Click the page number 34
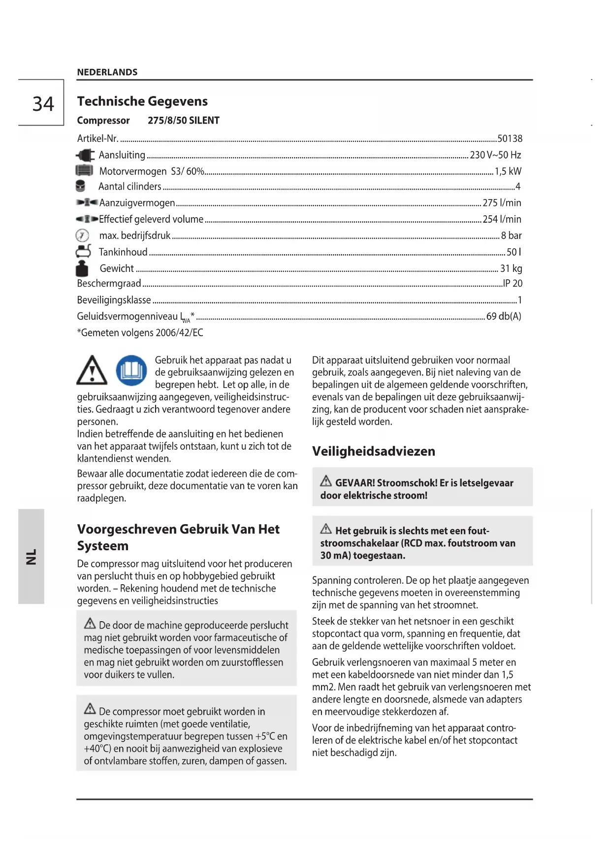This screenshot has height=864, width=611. (x=43, y=104)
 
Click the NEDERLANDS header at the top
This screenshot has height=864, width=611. (x=107, y=72)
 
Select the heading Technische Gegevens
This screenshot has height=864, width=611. (x=142, y=101)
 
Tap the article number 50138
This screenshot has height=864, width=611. (x=510, y=138)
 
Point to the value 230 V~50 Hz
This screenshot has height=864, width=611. (x=495, y=155)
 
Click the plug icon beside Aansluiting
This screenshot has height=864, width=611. (x=85, y=155)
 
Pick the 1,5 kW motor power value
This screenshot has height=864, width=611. (x=508, y=171)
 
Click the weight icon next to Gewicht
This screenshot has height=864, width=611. (x=82, y=268)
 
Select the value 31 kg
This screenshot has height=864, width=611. (x=511, y=268)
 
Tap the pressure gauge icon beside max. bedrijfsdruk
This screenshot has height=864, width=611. (x=82, y=235)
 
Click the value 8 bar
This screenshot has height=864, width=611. (x=511, y=235)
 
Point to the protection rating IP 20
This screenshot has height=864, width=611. (x=513, y=283)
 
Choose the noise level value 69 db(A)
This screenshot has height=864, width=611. (x=504, y=316)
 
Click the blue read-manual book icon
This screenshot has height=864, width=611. (x=131, y=370)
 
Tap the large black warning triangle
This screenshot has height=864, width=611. (x=92, y=371)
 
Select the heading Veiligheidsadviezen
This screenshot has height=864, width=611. (x=374, y=451)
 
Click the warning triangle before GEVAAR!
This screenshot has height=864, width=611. (x=326, y=481)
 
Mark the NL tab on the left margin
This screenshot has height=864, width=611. (x=31, y=556)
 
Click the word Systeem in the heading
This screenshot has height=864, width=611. (x=102, y=546)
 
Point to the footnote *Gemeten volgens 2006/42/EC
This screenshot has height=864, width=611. (x=140, y=332)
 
